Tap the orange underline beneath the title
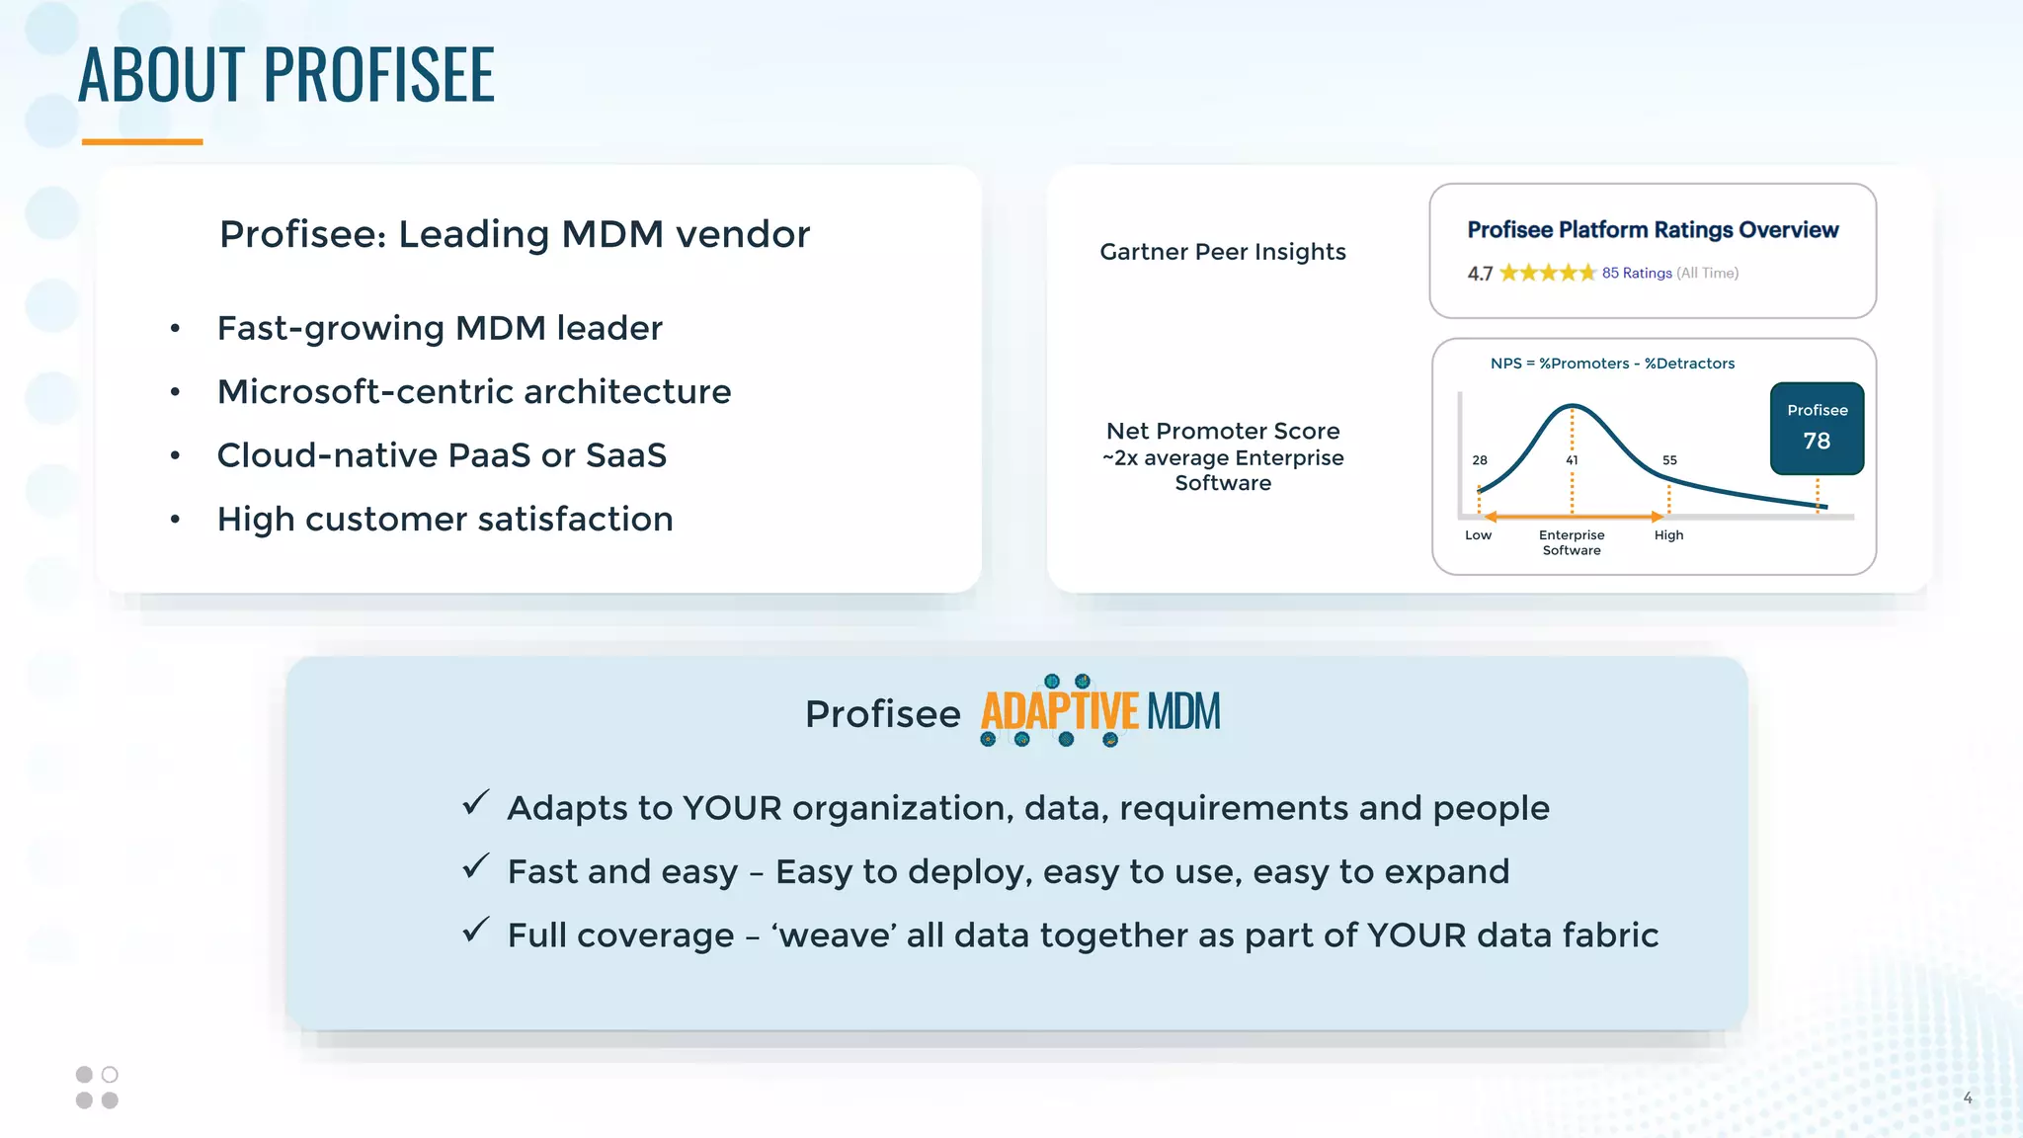(142, 142)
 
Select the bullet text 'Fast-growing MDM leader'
(440, 328)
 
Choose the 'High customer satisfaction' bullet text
(445, 520)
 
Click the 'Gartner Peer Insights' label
(1222, 252)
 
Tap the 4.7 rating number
(1480, 274)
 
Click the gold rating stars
(1547, 273)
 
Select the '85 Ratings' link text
(1637, 273)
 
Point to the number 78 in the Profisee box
(1817, 441)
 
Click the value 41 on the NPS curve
(1572, 460)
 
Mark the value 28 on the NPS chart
(1480, 460)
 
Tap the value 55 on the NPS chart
(1669, 460)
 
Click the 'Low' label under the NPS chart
(1478, 535)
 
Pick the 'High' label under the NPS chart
(1668, 535)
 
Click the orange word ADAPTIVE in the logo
(1059, 712)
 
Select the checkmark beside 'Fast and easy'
(476, 866)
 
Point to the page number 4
(1968, 1097)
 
